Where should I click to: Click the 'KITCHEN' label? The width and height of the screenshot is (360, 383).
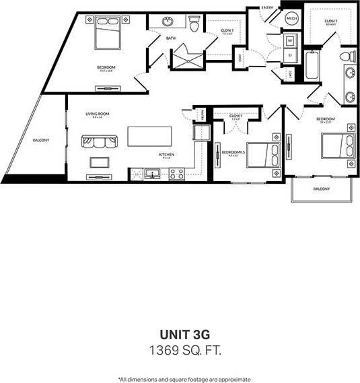(167, 155)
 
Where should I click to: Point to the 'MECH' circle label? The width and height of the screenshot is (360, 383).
(292, 20)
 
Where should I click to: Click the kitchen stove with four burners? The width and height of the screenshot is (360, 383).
(177, 174)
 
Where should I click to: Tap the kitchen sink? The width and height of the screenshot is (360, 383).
(152, 175)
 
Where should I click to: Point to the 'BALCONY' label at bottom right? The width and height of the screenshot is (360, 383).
(321, 189)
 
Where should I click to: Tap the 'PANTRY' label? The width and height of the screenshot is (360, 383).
(199, 116)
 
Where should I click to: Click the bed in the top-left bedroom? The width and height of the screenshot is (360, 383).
(108, 34)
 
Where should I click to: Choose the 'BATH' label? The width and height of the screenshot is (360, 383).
(171, 38)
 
